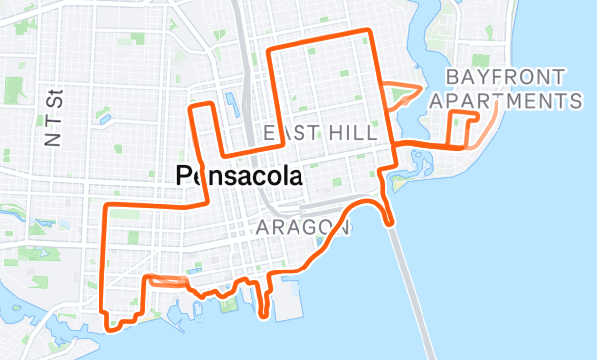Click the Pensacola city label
click(239, 176)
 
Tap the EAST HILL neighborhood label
click(319, 133)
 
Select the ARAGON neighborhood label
click(302, 228)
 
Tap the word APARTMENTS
click(506, 101)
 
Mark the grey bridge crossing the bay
click(413, 288)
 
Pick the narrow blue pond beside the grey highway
click(230, 103)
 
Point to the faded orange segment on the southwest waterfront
click(166, 281)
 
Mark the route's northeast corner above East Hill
click(371, 32)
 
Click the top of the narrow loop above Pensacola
click(202, 104)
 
